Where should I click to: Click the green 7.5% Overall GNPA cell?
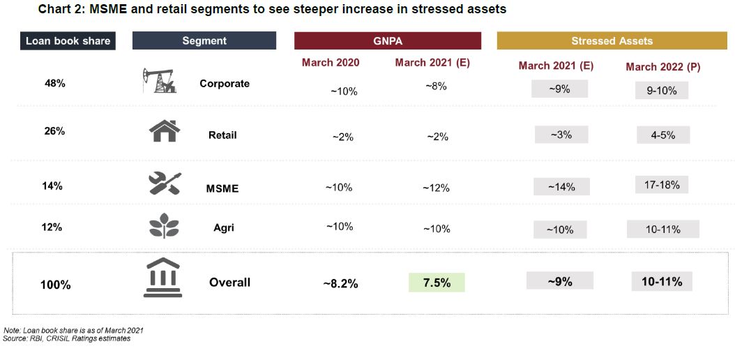(436, 283)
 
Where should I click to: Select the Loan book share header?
(68, 40)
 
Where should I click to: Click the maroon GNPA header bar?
(388, 40)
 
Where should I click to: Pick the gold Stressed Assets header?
(612, 40)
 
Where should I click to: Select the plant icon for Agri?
(164, 227)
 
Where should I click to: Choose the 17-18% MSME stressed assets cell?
(662, 185)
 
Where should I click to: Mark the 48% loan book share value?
(54, 83)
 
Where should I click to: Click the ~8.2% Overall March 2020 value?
(340, 283)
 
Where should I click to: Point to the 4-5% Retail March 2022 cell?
(662, 135)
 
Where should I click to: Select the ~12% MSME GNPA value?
(436, 188)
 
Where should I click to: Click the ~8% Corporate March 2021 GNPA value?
(436, 86)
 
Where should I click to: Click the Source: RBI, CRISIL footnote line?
(66, 338)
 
